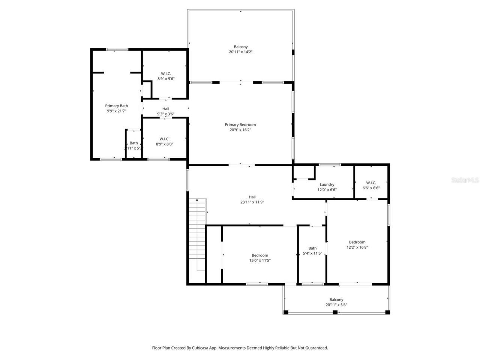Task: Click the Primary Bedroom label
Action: pos(240,124)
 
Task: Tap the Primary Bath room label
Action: pos(116,106)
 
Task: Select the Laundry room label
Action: pos(327,184)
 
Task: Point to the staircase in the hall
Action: pos(197,234)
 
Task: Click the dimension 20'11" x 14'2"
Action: pos(240,52)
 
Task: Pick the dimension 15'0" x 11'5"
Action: pos(259,261)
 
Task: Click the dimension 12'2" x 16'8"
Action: pos(357,247)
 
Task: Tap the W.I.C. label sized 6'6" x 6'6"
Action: pos(370,183)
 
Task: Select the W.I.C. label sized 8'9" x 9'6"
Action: pos(166,73)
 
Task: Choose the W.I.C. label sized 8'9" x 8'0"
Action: pos(164,139)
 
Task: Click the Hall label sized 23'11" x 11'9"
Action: pos(252,197)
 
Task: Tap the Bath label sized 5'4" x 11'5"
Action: pos(312,248)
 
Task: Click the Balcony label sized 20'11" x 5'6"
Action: pos(336,300)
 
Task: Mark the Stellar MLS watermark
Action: pos(465,180)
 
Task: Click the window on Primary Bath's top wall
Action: pos(117,49)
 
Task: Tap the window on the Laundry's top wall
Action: pos(330,165)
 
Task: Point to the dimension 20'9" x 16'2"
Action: pos(240,130)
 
